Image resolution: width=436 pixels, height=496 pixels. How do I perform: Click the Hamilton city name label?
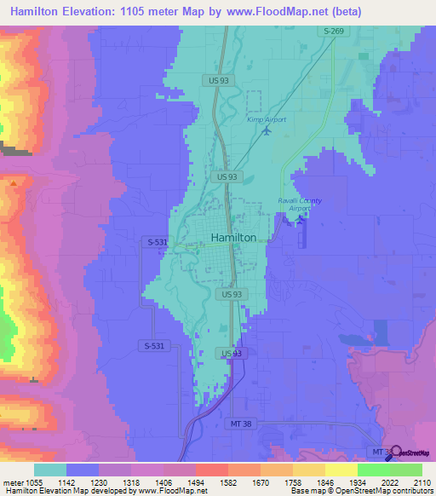point(233,238)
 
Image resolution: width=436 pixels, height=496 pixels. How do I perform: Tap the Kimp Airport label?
point(267,119)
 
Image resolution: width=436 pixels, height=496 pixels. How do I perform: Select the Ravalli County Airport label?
point(300,204)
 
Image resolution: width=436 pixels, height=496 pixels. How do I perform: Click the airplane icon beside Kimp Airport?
point(267,131)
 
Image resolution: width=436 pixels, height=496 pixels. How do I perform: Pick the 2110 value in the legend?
point(410,482)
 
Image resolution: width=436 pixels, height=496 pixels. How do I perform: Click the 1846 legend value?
point(313,482)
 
